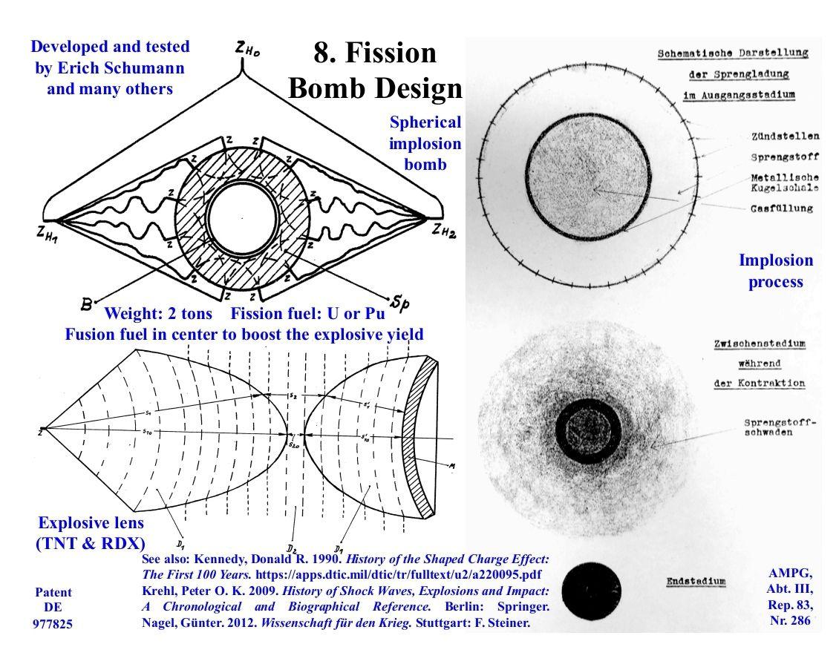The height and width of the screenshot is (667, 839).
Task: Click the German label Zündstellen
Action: click(785, 137)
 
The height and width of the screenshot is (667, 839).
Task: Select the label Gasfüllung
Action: click(782, 209)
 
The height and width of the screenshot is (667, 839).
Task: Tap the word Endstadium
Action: click(691, 581)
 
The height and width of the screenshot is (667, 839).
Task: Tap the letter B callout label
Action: click(87, 303)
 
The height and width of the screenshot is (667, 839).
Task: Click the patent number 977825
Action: click(53, 624)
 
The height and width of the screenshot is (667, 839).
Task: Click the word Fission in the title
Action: click(396, 53)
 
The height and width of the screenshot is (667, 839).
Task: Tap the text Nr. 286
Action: click(789, 621)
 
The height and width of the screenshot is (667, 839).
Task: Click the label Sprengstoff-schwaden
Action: click(780, 429)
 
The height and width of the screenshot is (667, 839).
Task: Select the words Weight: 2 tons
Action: click(158, 313)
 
